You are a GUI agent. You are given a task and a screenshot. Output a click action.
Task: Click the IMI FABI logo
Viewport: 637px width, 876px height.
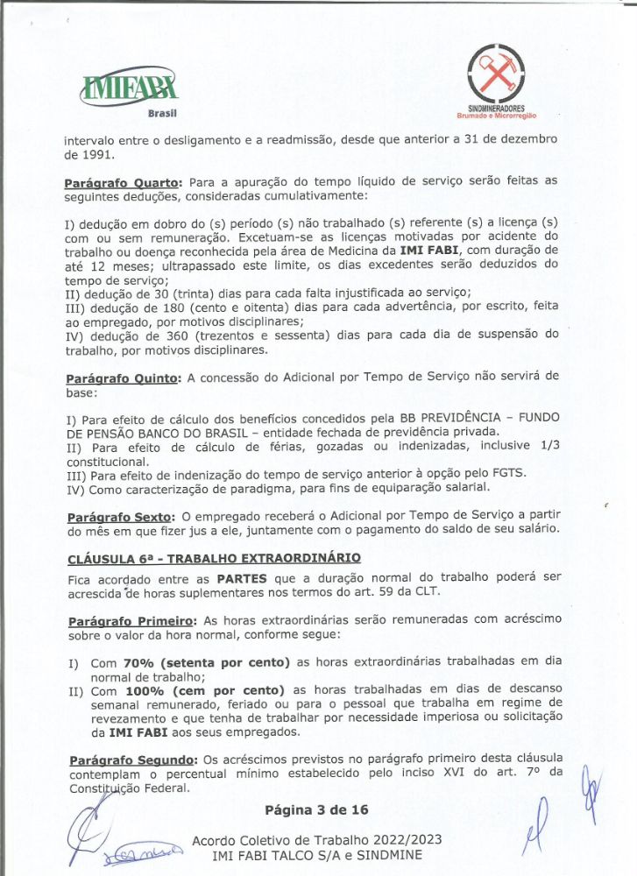(130, 88)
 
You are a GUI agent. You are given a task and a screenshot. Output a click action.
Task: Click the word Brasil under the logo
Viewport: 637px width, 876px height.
(162, 114)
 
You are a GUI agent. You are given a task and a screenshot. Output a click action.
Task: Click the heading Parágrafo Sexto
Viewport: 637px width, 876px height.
(118, 517)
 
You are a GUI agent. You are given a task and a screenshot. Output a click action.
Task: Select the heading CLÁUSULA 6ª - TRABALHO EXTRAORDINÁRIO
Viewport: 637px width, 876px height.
(213, 558)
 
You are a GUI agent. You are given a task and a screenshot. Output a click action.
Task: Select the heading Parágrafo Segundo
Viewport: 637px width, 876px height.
(131, 758)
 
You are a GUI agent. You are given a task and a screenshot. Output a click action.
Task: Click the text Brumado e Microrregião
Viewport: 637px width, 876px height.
(496, 116)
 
